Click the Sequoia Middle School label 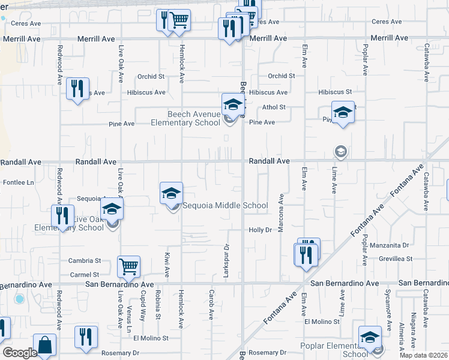225,206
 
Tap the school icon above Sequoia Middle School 171,193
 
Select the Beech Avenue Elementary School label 185,118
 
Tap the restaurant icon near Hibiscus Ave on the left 77,89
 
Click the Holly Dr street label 261,230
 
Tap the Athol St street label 274,107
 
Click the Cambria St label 84,260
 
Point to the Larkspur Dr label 227,255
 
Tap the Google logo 19,353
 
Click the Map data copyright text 423,355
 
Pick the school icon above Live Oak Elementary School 111,209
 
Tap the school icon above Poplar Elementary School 370,336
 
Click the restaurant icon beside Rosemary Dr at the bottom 86,337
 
